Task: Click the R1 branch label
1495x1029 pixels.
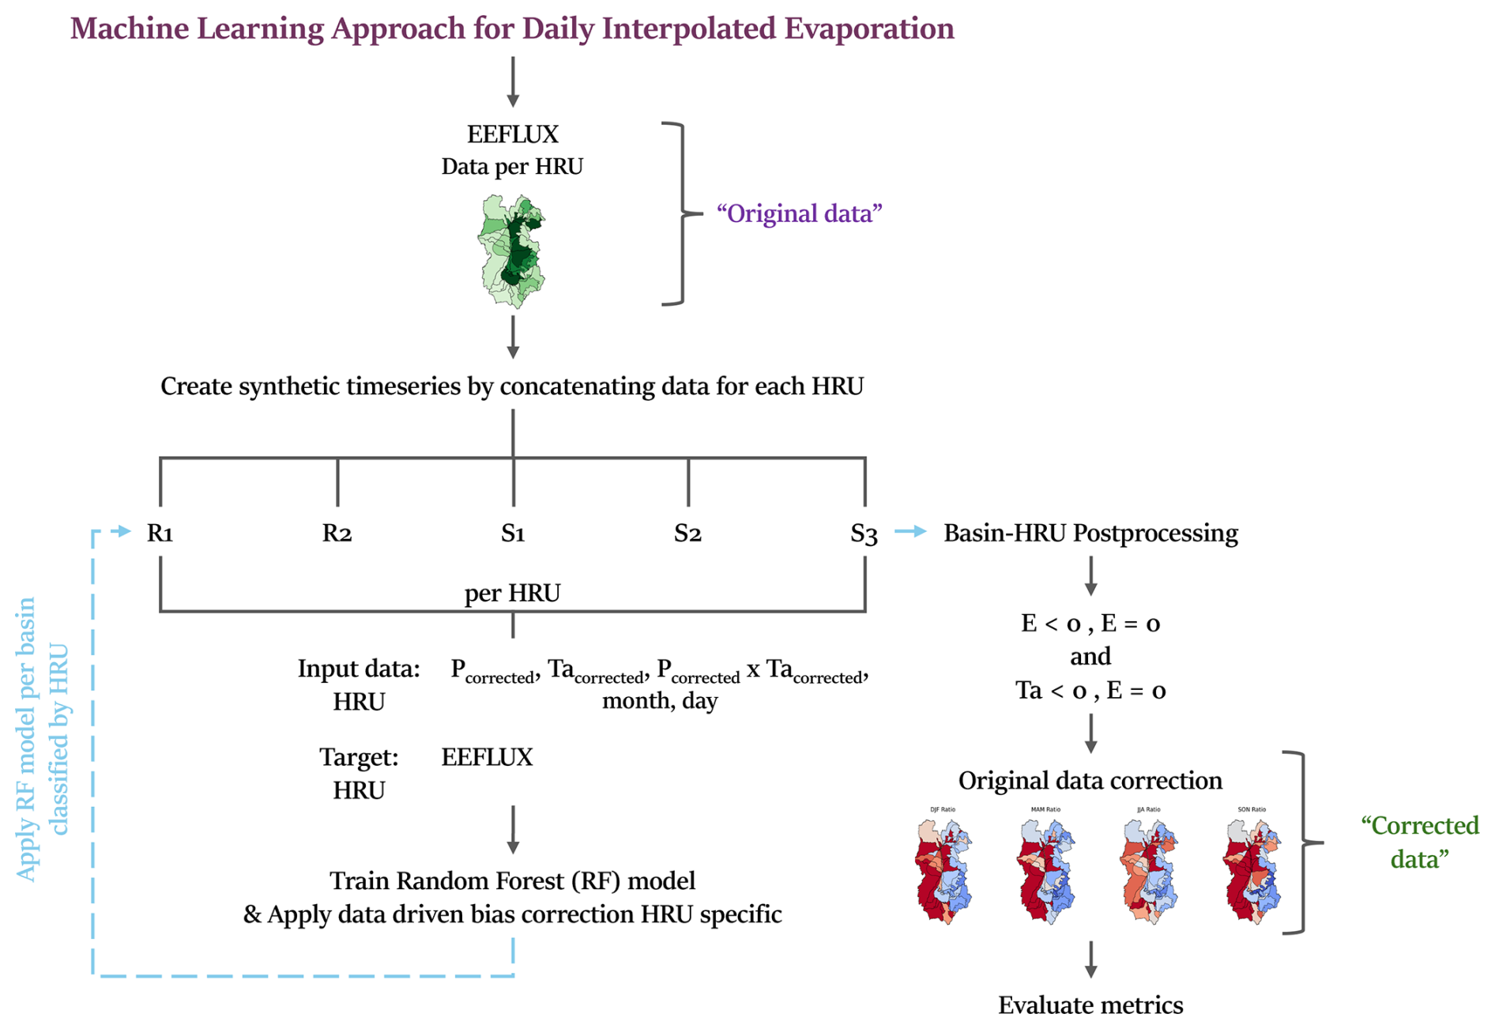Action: point(160,533)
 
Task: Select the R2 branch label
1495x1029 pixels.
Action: point(337,533)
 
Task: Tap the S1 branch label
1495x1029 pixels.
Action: point(513,533)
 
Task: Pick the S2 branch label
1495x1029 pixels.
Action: point(687,533)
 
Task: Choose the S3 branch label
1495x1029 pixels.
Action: point(864,534)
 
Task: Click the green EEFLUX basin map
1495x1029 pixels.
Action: point(512,251)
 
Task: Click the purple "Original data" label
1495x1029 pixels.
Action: point(799,213)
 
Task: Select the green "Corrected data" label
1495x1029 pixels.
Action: point(1419,842)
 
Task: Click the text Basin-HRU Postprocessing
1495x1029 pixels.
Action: point(1090,533)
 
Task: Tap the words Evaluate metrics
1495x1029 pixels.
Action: point(1090,1004)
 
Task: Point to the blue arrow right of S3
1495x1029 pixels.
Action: point(910,532)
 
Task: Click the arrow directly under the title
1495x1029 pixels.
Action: point(513,81)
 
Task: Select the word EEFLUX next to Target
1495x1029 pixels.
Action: point(487,757)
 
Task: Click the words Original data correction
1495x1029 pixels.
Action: point(1090,780)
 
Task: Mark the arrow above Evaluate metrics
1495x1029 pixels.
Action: point(1090,959)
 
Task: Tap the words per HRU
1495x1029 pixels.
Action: point(512,593)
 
